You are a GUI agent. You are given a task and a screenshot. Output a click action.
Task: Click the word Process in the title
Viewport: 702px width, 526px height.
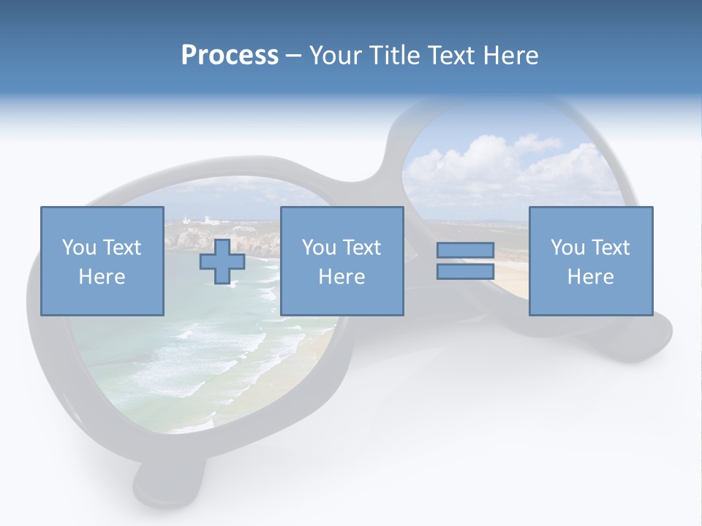[x=230, y=56]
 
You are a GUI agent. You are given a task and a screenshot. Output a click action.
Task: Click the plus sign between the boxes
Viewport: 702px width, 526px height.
[x=222, y=262]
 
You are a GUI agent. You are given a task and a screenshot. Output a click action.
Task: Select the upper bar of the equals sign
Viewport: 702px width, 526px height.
[x=465, y=251]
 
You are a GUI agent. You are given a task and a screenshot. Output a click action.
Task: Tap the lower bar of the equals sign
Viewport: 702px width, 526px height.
[x=465, y=272]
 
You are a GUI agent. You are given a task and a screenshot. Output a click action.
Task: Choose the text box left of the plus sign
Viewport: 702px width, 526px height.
[x=102, y=261]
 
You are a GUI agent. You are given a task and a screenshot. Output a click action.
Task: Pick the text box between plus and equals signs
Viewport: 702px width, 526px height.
[x=342, y=261]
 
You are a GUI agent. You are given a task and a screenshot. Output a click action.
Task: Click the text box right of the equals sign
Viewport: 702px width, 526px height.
[x=591, y=261]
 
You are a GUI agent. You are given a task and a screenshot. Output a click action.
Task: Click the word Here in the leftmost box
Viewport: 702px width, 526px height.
[x=102, y=277]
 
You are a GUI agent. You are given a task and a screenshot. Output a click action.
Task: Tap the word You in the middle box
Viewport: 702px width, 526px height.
[x=319, y=248]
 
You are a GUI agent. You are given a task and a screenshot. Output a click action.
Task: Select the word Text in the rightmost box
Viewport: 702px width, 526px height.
[x=609, y=248]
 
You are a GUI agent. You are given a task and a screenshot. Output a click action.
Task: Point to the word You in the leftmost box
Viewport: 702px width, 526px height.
[x=79, y=248]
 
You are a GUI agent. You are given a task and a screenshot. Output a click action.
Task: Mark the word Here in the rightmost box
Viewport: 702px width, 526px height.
[x=590, y=277]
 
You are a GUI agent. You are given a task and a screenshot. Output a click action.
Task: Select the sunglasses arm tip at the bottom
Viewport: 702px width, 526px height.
[x=168, y=482]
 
